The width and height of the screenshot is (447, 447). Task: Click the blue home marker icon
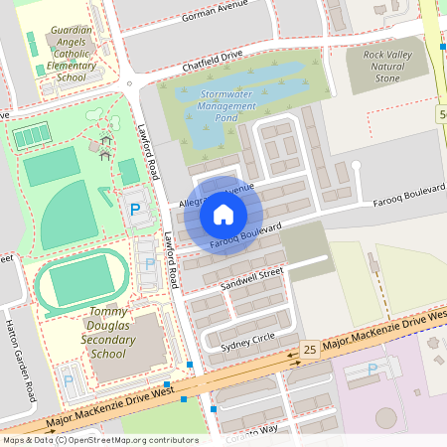click(223, 215)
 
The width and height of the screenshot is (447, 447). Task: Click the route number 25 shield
click(310, 350)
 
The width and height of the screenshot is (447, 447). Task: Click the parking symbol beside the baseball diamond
click(134, 210)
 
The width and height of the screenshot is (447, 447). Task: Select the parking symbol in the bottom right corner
click(372, 370)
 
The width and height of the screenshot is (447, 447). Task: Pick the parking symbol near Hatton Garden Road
click(69, 379)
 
